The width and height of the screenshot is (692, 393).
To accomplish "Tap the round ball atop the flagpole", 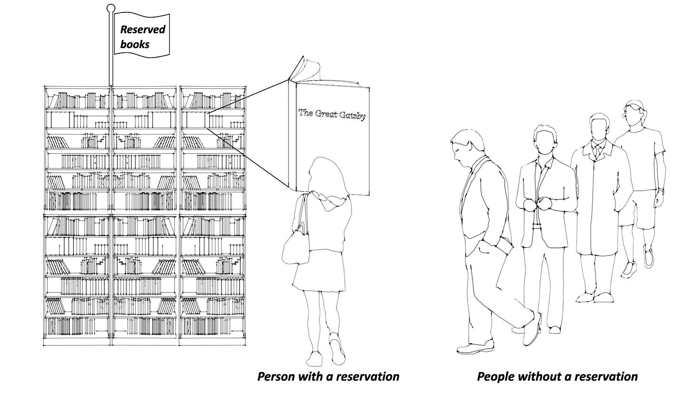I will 111,8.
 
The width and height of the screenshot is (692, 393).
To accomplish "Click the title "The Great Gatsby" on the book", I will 332,114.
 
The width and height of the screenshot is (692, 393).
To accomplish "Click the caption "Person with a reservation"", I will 328,376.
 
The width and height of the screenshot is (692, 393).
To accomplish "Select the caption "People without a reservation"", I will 557,376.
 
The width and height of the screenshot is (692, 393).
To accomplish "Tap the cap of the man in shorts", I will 636,106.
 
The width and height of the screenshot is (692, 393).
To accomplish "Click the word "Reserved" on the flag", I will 142,29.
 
